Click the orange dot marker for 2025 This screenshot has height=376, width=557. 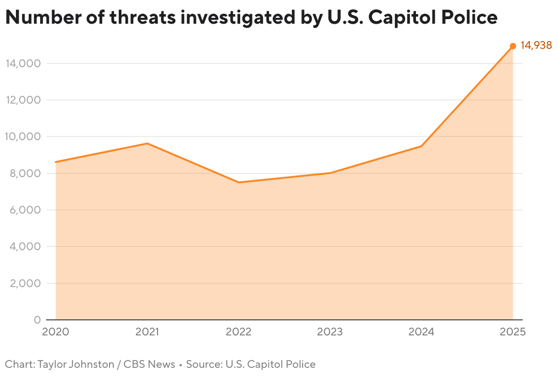click(x=513, y=46)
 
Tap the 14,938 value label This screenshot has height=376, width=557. click(x=536, y=46)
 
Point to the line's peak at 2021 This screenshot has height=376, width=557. click(x=147, y=143)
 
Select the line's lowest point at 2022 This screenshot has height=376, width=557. click(x=238, y=183)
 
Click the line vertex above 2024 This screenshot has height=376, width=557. click(x=421, y=146)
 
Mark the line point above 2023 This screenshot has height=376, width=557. click(x=330, y=173)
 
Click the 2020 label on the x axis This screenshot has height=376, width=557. click(x=56, y=332)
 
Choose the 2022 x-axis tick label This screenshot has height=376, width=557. click(x=238, y=332)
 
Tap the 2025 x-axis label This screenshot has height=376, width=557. click(x=513, y=332)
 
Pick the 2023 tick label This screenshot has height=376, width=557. click(x=330, y=332)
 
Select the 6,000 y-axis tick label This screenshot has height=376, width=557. click(x=24, y=210)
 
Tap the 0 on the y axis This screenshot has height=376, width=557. click(x=37, y=320)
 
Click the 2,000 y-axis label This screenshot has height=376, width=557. click(x=24, y=283)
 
